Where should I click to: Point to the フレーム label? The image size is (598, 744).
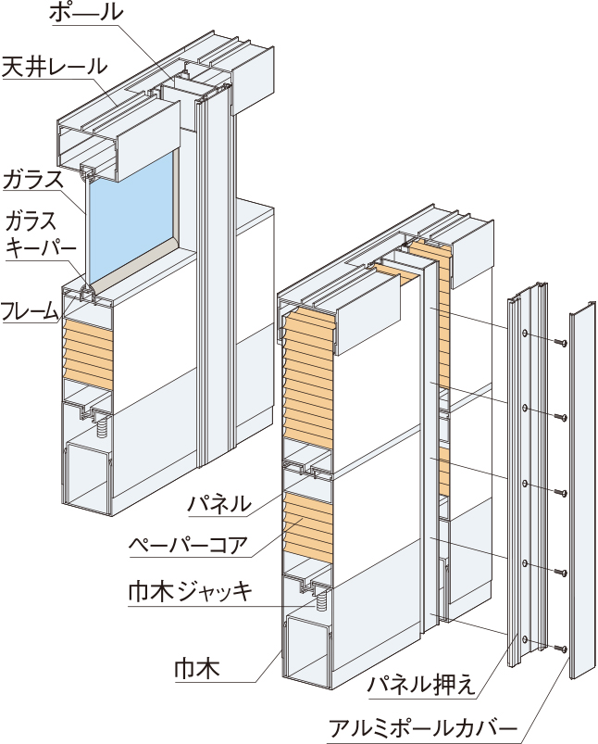[x=31, y=311]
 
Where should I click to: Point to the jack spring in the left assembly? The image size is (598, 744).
[x=100, y=428]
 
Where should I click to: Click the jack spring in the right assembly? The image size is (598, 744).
[x=320, y=602]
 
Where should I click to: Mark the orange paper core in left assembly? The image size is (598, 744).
[x=88, y=352]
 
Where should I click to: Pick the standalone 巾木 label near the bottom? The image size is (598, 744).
[x=197, y=668]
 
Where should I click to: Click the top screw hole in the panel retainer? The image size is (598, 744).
[x=526, y=334]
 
